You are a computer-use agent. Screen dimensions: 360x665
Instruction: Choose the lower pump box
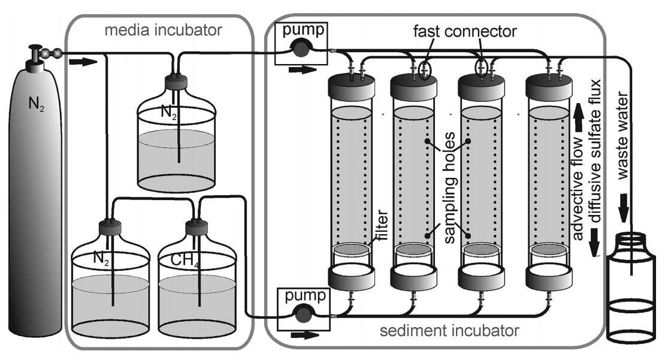tap(302, 305)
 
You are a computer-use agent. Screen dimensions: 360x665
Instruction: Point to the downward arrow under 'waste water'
tap(623, 211)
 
